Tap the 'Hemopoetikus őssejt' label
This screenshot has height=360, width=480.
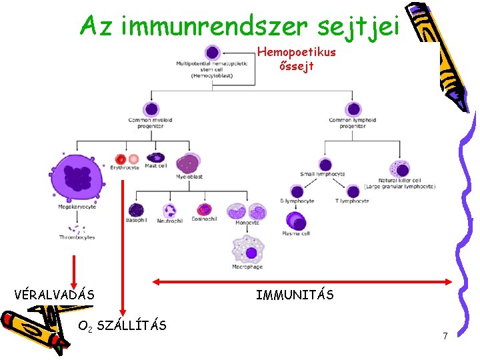297,59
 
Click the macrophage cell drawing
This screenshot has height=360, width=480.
248,251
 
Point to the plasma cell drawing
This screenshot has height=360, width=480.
295,220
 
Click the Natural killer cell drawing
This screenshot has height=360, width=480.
399,169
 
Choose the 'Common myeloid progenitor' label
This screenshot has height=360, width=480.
150,123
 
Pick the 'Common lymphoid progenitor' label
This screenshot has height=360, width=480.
352,123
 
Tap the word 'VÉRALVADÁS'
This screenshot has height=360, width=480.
54,294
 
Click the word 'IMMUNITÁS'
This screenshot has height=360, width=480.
295,294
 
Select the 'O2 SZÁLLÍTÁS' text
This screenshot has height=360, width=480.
122,326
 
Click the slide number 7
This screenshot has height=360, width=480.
445,336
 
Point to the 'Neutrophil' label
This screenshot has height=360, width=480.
169,221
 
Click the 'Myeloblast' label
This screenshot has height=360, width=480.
189,177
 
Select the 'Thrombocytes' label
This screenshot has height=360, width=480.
77,237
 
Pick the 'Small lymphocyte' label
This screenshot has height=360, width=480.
323,174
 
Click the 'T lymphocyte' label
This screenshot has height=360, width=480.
351,201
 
